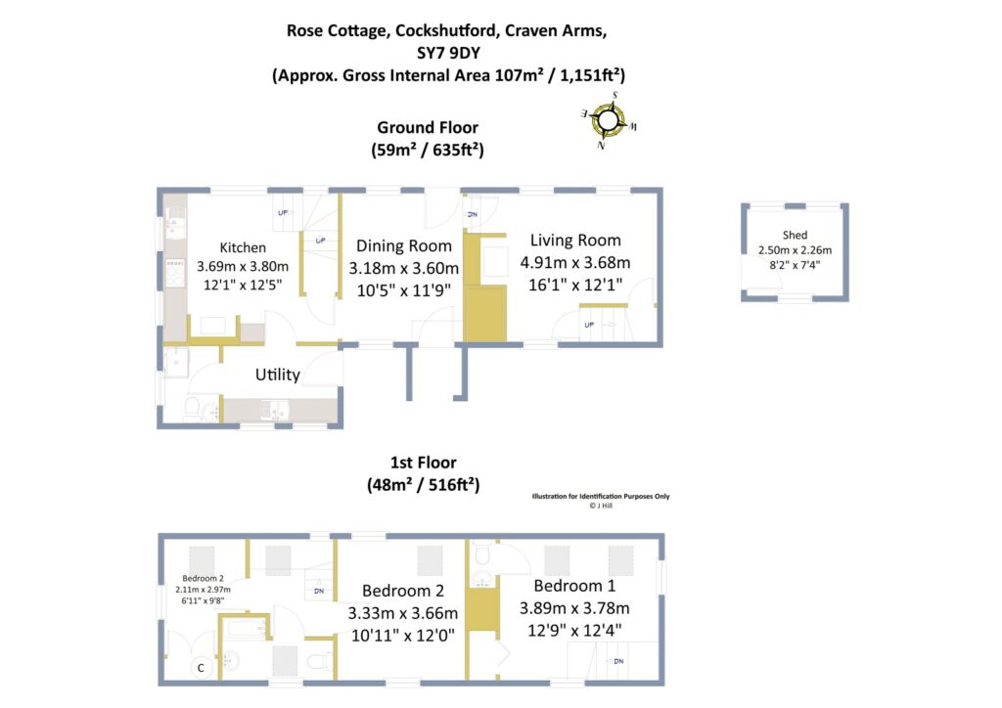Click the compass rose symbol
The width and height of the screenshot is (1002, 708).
tap(609, 120)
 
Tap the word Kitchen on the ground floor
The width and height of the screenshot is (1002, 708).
tap(243, 247)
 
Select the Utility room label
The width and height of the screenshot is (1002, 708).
tap(278, 375)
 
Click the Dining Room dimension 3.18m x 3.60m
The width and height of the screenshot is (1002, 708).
tap(403, 267)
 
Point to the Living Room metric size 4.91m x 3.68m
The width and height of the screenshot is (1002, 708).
tap(575, 262)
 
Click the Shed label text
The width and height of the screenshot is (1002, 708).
tap(796, 236)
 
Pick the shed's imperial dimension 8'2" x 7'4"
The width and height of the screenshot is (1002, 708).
tap(795, 264)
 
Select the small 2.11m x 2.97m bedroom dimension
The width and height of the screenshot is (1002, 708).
tap(202, 591)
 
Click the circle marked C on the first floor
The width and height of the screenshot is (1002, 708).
tap(201, 669)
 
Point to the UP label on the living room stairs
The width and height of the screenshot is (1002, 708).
tap(588, 325)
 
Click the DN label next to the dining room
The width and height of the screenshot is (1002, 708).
tap(472, 214)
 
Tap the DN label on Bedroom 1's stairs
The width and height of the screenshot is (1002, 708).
tap(618, 661)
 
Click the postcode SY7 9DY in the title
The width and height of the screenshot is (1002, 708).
tap(444, 52)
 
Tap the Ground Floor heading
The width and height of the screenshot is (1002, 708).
tap(428, 128)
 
